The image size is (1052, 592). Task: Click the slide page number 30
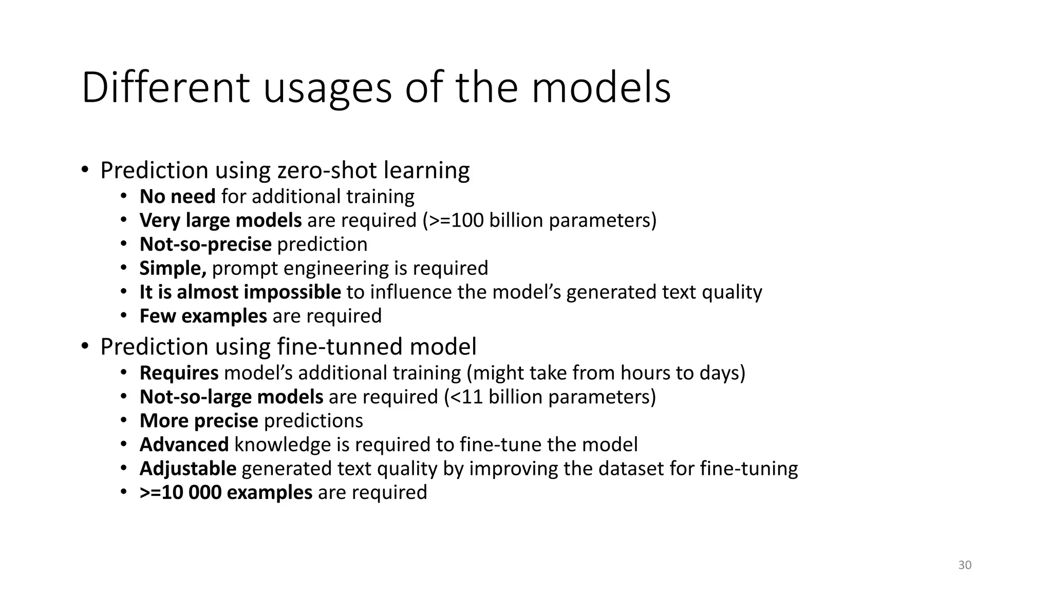pyautogui.click(x=965, y=565)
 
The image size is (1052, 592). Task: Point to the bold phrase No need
pyautogui.click(x=177, y=197)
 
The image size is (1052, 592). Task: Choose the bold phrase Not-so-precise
pyautogui.click(x=205, y=245)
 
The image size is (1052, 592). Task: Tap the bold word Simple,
pyautogui.click(x=173, y=268)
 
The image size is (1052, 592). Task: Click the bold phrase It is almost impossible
pyautogui.click(x=240, y=292)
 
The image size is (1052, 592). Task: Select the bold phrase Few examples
pyautogui.click(x=203, y=316)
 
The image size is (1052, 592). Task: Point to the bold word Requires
pyautogui.click(x=179, y=373)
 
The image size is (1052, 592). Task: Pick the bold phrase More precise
pyautogui.click(x=199, y=421)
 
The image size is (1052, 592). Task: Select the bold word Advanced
pyautogui.click(x=184, y=445)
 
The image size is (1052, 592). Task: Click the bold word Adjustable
pyautogui.click(x=187, y=469)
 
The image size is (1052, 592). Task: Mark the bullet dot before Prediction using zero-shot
pyautogui.click(x=85, y=170)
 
